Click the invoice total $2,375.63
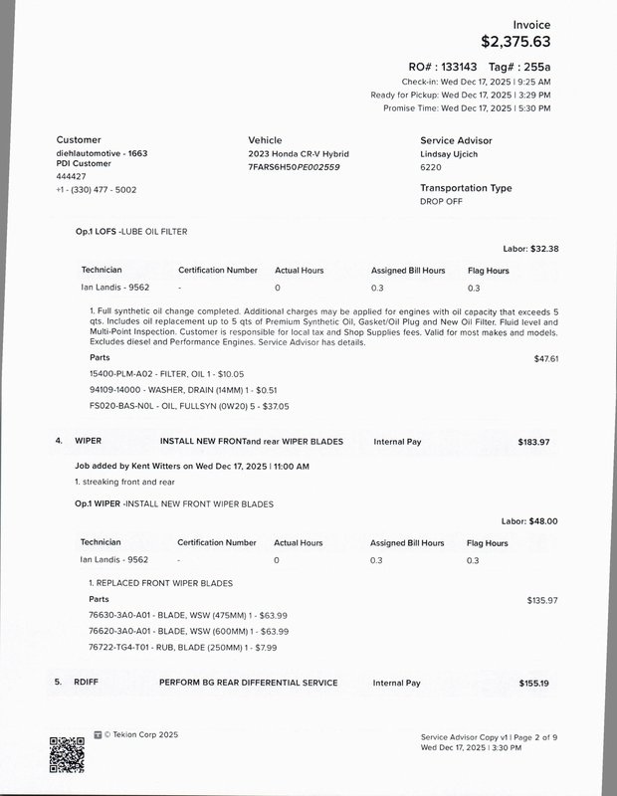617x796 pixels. (514, 42)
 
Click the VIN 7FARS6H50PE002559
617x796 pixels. (294, 167)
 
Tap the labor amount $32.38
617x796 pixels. (544, 249)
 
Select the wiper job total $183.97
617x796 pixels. (533, 441)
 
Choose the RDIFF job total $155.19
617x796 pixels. (533, 683)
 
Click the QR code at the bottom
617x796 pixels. (67, 752)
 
